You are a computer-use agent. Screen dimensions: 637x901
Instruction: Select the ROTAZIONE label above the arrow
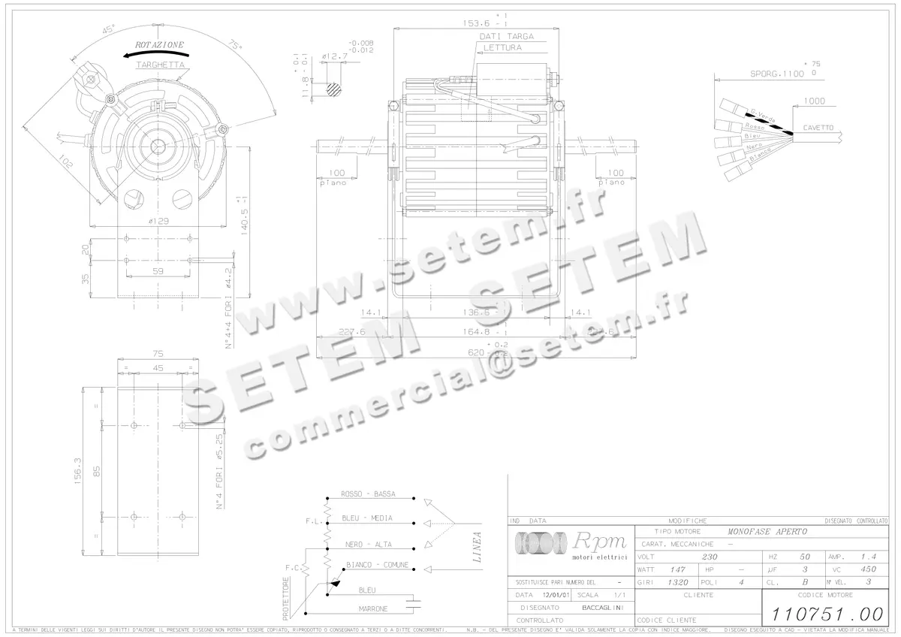coord(159,46)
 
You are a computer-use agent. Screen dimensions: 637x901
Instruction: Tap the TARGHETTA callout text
coord(160,65)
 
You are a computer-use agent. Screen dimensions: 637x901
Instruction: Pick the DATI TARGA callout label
coord(507,36)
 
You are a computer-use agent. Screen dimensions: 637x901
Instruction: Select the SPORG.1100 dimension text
coord(777,74)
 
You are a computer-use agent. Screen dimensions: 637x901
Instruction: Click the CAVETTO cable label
coord(818,128)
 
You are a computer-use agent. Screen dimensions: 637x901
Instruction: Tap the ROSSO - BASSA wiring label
coord(368,494)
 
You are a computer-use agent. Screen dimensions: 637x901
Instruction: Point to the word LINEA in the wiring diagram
coord(477,547)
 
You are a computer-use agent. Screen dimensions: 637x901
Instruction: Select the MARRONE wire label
coord(372,608)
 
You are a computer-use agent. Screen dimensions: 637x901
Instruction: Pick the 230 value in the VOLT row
coord(710,557)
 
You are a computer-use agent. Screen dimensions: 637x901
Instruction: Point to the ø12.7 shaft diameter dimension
coord(334,56)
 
